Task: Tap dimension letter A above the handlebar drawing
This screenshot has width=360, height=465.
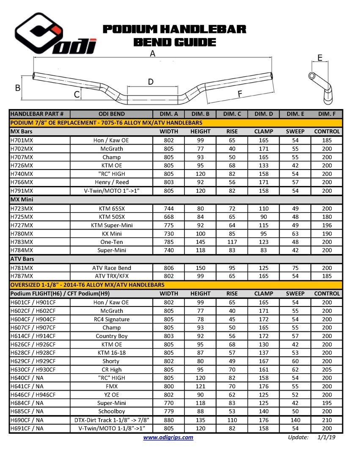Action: coord(152,54)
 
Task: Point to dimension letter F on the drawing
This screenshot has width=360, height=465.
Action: coord(240,94)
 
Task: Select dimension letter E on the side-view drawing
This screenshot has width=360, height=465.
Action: coord(320,58)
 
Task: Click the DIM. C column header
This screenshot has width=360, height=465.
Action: coord(232,114)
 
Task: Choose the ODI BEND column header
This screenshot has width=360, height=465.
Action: coord(111,114)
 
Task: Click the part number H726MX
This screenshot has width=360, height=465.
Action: coord(22,165)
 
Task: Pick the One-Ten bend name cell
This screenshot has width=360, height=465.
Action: coord(111,242)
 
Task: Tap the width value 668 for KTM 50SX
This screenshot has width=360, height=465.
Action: coord(169,217)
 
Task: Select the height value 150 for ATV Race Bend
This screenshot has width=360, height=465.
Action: coord(201,268)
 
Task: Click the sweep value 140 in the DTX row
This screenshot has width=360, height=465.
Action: coord(295,420)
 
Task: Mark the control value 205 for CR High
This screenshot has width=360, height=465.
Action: coord(327,369)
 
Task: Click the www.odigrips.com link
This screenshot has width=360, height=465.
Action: coord(168,438)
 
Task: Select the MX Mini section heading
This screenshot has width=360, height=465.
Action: coord(22,199)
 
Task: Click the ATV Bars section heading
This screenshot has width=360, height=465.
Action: coord(22,259)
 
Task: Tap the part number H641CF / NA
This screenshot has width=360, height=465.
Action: coord(27,386)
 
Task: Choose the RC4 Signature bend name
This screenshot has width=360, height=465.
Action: coord(111,319)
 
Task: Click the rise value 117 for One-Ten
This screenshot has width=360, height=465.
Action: coord(232,242)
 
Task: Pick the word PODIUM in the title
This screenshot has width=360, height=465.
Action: coord(130,29)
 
